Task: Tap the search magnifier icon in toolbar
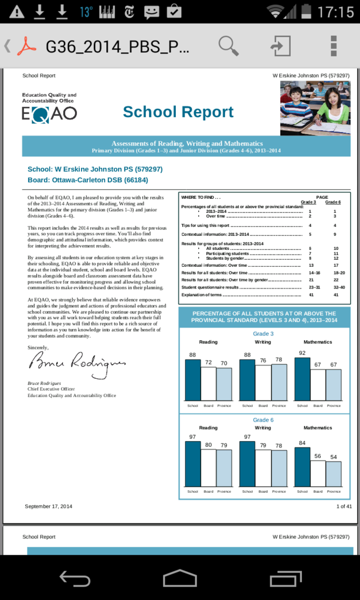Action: [229, 45]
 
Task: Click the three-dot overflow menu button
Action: [333, 46]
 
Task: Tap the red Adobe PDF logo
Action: [26, 46]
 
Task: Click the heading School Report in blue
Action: [178, 112]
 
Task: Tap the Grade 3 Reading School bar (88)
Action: [192, 379]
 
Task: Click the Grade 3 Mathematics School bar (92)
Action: [302, 379]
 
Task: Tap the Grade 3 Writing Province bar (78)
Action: [279, 382]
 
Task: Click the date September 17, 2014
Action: [49, 506]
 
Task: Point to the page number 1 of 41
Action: [344, 506]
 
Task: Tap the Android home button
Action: [179, 579]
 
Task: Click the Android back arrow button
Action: [74, 579]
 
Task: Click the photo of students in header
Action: [315, 107]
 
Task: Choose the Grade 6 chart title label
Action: [263, 420]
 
